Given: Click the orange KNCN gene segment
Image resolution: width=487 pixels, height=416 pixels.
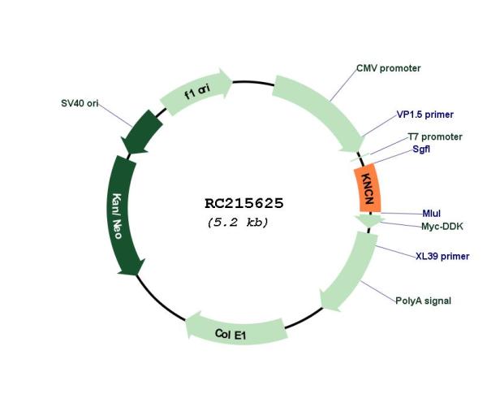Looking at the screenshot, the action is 368,188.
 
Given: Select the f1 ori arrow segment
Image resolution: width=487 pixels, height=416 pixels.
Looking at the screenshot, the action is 196,91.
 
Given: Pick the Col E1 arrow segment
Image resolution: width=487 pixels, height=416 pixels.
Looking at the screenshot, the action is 236,330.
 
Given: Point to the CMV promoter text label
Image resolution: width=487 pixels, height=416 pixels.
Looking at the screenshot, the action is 388,68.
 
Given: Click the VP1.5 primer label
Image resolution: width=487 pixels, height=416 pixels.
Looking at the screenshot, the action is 425,115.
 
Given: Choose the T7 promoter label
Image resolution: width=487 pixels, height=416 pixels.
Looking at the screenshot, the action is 435,136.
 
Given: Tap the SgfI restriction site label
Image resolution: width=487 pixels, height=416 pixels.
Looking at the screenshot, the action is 421,149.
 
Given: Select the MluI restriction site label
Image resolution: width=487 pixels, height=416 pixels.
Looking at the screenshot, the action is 432,214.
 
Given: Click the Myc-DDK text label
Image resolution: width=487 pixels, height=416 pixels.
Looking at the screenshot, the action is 442,227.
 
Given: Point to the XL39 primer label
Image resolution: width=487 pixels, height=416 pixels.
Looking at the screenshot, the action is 442,256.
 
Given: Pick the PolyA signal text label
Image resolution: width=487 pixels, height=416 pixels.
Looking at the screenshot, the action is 423,301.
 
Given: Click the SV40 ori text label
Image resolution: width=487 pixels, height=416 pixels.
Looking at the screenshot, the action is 80,103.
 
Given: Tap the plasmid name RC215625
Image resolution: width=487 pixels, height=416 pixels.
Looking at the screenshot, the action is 244,203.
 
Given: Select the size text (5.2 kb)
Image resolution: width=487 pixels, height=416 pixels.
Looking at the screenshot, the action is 238,223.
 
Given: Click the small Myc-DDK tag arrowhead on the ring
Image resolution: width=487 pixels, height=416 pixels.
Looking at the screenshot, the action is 368,220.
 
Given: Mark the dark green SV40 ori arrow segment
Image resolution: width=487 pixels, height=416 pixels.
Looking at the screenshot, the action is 142,132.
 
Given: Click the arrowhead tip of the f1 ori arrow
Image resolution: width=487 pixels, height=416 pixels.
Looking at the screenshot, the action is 232,81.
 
